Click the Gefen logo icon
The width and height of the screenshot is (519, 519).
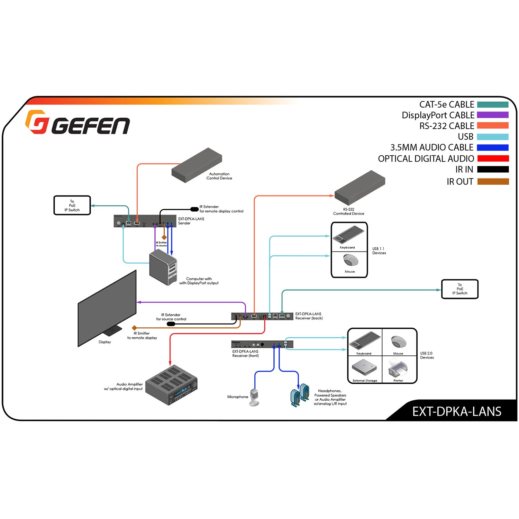[36, 122]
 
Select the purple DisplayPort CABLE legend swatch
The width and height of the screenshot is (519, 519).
[493, 115]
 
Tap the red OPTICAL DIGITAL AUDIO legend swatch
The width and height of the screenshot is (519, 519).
[493, 158]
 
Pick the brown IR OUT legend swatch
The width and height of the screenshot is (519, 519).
[493, 181]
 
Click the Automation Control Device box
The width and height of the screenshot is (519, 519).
[196, 165]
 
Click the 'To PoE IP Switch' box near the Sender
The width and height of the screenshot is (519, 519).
[72, 206]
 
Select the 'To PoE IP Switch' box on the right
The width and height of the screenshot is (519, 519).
[459, 289]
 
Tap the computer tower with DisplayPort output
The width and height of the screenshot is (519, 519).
[163, 267]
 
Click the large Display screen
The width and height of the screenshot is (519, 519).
[107, 308]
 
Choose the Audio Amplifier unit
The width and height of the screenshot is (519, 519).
[171, 385]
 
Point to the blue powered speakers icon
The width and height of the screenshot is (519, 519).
[300, 395]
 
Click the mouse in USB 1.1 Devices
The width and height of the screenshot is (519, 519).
[350, 260]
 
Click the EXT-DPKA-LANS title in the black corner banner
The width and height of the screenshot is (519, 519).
[456, 411]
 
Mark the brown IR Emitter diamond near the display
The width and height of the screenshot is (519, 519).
[134, 328]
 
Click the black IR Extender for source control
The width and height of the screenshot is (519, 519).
[171, 324]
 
